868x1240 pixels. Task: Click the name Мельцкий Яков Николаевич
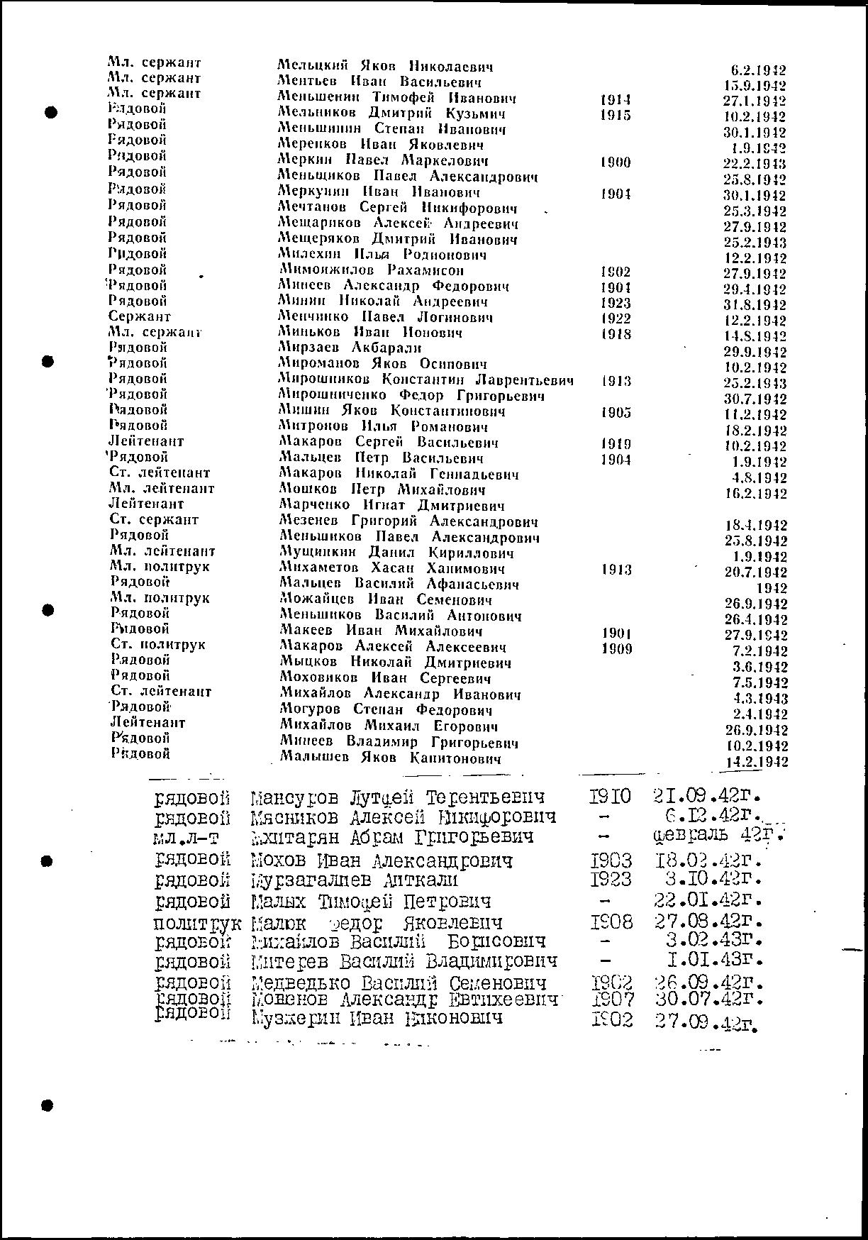(385, 67)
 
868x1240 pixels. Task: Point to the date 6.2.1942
(758, 70)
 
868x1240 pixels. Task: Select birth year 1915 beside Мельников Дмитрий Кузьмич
(615, 115)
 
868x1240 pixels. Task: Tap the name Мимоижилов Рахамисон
(372, 270)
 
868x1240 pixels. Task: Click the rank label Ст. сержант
(154, 519)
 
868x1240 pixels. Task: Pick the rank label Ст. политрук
(158, 644)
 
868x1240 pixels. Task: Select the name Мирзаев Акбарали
(350, 348)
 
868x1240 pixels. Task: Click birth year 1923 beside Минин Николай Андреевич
(615, 303)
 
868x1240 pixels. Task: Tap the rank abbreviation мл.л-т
(187, 838)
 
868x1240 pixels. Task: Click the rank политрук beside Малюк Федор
(197, 924)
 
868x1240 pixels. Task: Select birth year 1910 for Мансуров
(610, 797)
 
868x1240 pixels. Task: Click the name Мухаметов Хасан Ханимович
(392, 568)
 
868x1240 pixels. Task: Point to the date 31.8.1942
(755, 305)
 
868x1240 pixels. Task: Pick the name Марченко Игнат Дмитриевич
(392, 506)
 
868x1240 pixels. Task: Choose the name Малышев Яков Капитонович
(391, 758)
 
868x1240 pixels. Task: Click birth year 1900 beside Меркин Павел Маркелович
(615, 162)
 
